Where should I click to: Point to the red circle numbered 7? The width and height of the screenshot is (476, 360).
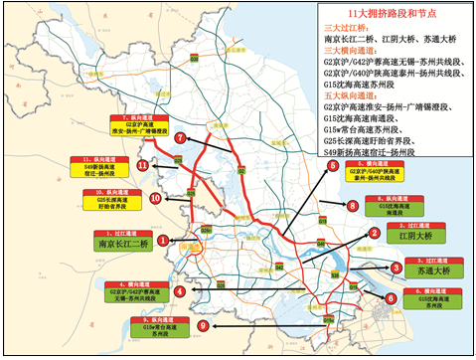pos(180,138)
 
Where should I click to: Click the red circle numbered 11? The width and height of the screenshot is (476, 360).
pos(143,165)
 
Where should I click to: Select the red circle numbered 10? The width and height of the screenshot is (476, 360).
pos(156,198)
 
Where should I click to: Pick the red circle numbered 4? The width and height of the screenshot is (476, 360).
pos(179,291)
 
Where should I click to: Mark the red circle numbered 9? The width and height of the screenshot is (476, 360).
pos(205,324)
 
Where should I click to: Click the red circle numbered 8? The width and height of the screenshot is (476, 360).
pos(351,205)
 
